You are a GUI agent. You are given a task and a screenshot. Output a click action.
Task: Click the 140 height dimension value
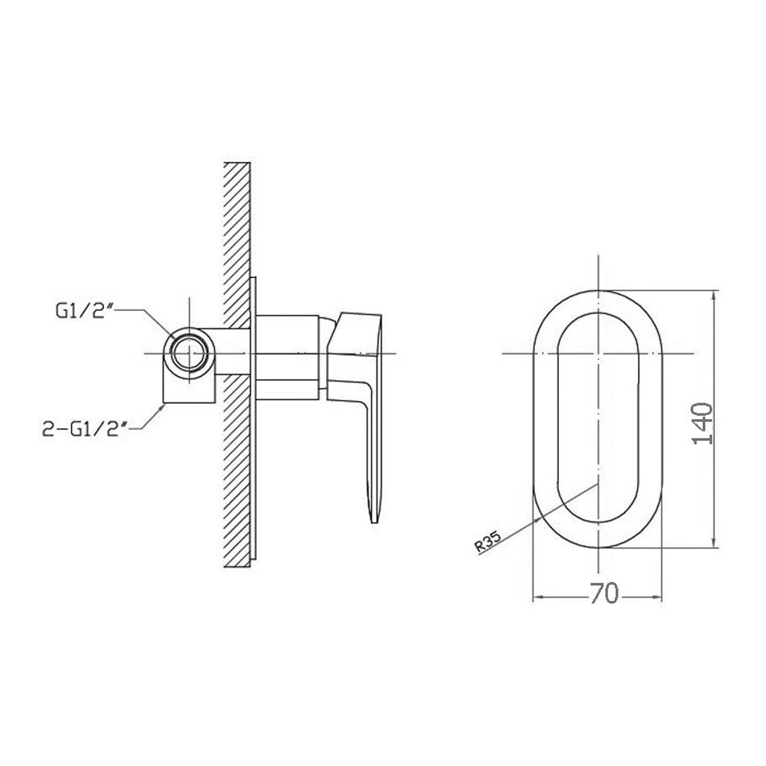[703, 424]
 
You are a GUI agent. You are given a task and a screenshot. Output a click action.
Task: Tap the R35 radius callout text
[489, 542]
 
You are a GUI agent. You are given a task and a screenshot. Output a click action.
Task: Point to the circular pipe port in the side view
[190, 353]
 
